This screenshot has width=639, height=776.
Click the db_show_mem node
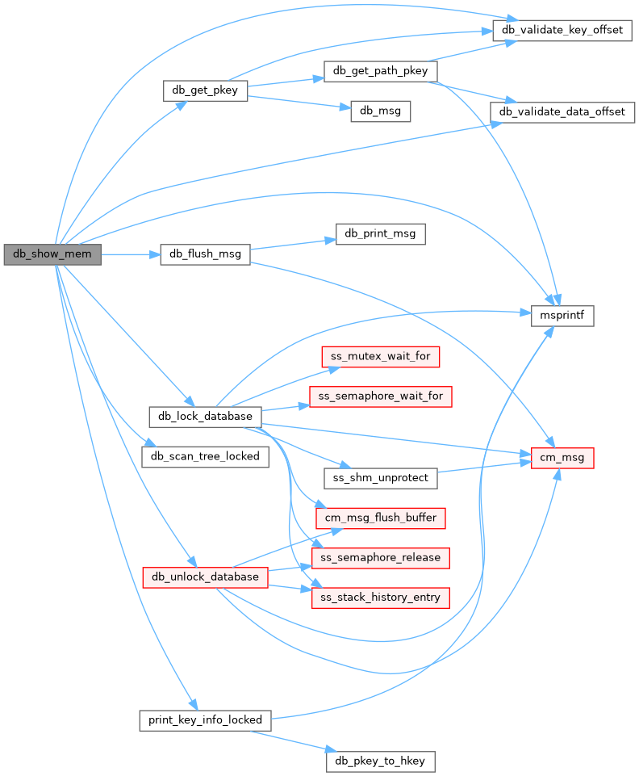click(x=52, y=255)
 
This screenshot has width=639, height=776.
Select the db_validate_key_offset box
click(x=562, y=30)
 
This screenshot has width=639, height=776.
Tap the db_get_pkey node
click(x=205, y=90)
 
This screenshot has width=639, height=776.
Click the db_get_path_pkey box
click(x=380, y=71)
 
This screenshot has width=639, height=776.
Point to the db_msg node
click(x=381, y=111)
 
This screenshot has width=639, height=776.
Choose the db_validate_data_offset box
click(x=562, y=111)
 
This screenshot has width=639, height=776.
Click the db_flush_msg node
click(x=205, y=254)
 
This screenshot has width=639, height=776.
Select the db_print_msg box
click(x=380, y=234)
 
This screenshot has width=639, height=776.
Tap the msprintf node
click(x=562, y=316)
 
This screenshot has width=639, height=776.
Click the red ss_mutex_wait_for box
click(x=381, y=355)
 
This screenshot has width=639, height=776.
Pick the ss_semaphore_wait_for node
click(x=381, y=396)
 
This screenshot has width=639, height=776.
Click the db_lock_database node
click(x=205, y=417)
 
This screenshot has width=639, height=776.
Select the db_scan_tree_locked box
click(x=205, y=456)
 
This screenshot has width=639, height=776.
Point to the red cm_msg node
click(x=562, y=458)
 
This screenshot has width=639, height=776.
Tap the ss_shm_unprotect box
click(x=381, y=478)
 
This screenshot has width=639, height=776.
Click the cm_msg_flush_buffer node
click(x=381, y=517)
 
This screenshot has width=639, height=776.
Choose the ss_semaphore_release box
click(x=381, y=557)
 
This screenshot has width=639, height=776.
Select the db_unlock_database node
click(x=205, y=577)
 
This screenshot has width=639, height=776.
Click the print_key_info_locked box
click(x=205, y=719)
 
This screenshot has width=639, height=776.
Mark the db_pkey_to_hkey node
click(x=381, y=760)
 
